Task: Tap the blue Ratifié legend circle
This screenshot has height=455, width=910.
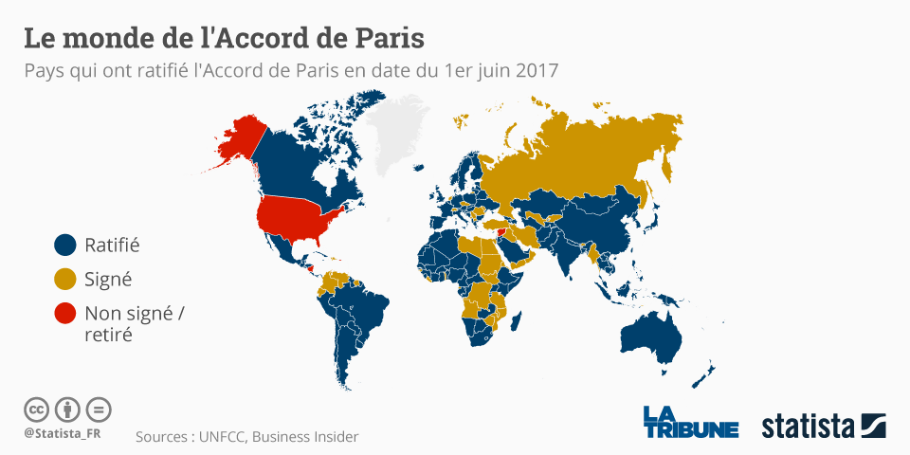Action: point(64,245)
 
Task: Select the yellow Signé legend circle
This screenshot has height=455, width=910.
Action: point(64,280)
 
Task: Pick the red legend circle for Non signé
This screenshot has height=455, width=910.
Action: point(64,314)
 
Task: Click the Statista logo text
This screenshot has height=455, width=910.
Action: point(808,426)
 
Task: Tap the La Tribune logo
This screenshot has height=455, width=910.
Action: point(690,422)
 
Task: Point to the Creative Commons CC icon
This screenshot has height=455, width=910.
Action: point(36,409)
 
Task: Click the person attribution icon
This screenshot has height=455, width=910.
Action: point(67,409)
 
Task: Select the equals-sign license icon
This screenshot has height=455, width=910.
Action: point(99,409)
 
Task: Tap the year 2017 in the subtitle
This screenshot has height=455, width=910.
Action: point(537,71)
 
